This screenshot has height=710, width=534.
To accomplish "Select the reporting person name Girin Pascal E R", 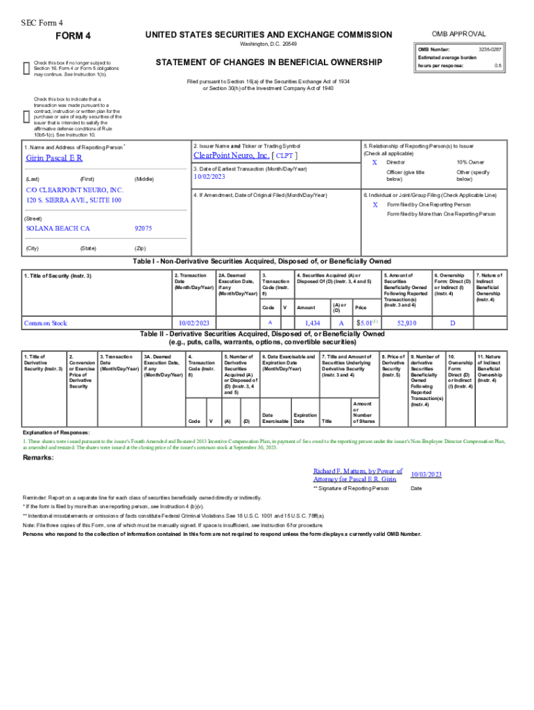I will click(x=54, y=158).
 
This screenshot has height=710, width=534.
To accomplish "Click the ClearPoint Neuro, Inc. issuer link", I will click(x=231, y=156).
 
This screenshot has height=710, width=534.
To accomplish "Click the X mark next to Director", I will click(x=374, y=162).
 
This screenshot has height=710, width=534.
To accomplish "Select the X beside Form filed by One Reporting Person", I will click(x=374, y=205).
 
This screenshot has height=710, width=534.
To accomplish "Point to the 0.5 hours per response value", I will click(x=497, y=66).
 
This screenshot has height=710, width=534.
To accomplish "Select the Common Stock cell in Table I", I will click(x=45, y=323).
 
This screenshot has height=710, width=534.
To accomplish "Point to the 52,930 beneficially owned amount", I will click(x=406, y=323).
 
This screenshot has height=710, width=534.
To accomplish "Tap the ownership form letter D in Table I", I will click(x=452, y=323).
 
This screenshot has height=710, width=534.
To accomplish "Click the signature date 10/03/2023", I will click(x=426, y=474).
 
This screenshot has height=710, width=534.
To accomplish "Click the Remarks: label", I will click(x=37, y=458).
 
